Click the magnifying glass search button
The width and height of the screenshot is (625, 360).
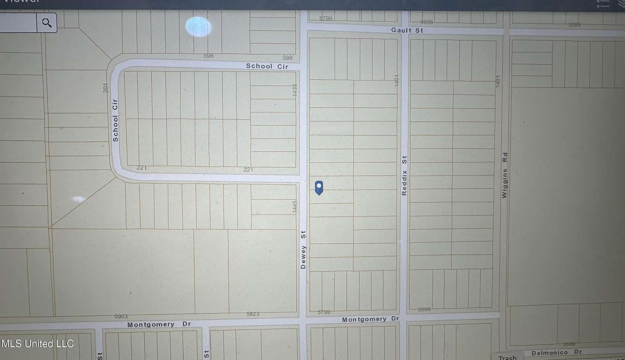(47, 23)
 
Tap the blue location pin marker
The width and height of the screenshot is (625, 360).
(319, 187)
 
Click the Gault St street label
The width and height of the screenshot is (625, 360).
(407, 30)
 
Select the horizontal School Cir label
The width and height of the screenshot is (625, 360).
(267, 66)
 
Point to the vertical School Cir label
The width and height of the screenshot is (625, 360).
(115, 120)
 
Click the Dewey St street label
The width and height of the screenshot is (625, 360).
(303, 250)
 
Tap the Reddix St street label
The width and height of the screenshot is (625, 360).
(404, 175)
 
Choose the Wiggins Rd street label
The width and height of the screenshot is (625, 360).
(504, 175)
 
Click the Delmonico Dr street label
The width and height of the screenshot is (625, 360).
(557, 353)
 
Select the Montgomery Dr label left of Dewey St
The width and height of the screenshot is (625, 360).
(159, 325)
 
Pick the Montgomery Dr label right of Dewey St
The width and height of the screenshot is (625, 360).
(370, 319)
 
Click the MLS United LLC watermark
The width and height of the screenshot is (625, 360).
(37, 344)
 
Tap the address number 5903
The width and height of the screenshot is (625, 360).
(121, 316)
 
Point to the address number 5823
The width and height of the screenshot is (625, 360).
(253, 314)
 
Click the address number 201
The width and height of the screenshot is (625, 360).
(105, 88)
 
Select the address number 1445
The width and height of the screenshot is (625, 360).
(294, 207)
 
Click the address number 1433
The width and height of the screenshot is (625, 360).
(295, 90)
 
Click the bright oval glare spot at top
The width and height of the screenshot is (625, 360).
(199, 27)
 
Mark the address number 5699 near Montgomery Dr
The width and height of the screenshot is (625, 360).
(424, 309)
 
